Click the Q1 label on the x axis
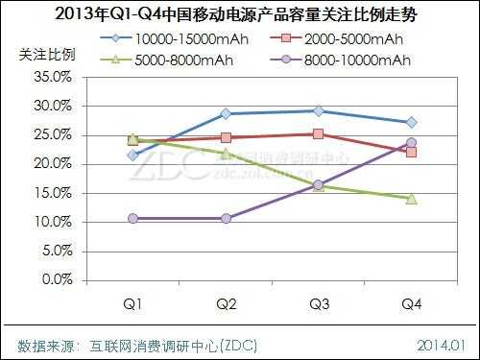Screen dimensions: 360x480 [133, 304]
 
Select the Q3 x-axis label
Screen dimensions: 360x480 [319, 304]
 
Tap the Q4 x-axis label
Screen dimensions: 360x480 [411, 304]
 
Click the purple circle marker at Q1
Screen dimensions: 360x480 [133, 219]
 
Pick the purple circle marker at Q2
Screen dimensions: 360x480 [226, 219]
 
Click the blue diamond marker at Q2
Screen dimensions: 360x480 [226, 113]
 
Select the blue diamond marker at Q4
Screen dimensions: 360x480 [411, 122]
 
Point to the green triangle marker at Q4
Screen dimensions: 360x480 [411, 198]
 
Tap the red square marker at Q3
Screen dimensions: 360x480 [319, 134]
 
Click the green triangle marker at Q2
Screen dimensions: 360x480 [226, 154]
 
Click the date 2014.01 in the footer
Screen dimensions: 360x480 [442, 343]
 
